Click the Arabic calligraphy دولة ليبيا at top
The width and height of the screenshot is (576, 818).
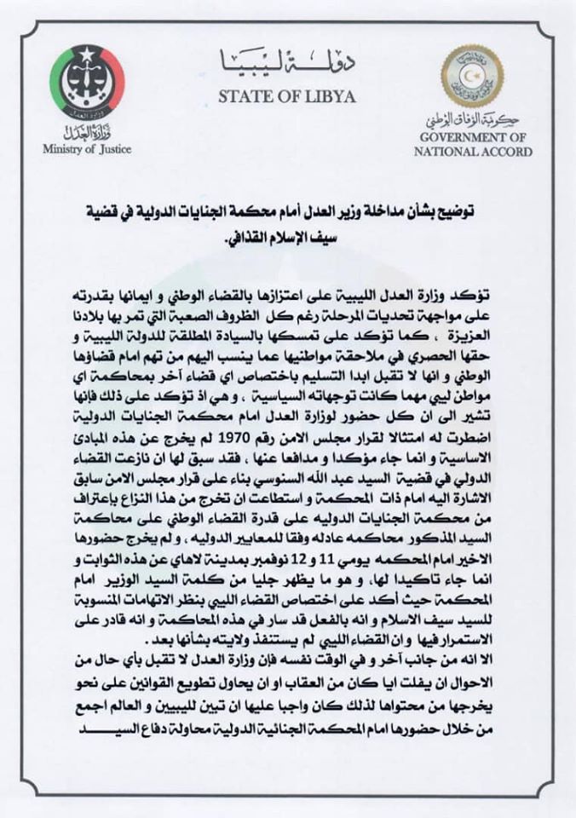pyautogui.click(x=286, y=60)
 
